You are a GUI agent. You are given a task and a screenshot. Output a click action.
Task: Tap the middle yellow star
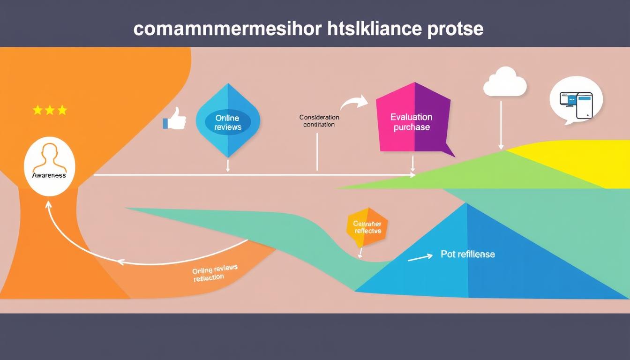(x=50, y=110)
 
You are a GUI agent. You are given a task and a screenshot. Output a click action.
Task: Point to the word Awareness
(x=49, y=175)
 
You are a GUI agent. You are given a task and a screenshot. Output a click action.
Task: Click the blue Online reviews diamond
(x=227, y=120)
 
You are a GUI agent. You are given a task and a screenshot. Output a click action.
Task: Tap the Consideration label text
(x=319, y=117)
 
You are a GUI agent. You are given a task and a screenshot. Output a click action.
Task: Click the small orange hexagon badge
(x=367, y=227)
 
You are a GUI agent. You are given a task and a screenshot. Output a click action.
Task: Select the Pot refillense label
(x=467, y=254)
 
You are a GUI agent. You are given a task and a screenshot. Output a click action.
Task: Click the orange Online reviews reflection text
(x=214, y=273)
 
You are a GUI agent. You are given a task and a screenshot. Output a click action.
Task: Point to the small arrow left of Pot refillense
(x=420, y=258)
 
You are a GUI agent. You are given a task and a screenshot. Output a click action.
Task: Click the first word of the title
(x=228, y=29)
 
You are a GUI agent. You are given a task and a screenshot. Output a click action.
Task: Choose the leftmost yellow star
(x=37, y=110)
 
